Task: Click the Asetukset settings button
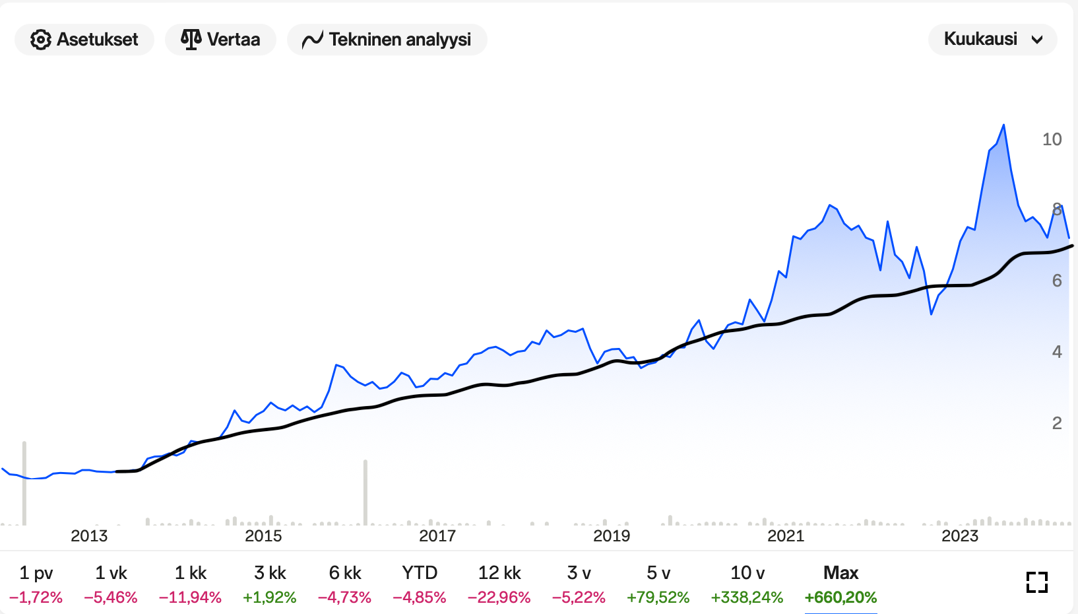(84, 40)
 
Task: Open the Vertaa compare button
(220, 40)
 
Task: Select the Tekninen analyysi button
(387, 40)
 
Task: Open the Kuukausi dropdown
(992, 40)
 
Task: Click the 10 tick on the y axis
(1052, 139)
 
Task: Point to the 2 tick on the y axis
(1057, 423)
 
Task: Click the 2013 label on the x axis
(89, 535)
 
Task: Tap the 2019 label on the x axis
(612, 535)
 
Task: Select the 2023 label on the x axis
(960, 535)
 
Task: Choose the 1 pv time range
(36, 573)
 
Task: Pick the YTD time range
(420, 573)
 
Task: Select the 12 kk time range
(499, 573)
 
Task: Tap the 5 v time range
(658, 573)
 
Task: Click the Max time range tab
(840, 573)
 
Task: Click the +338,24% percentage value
(747, 597)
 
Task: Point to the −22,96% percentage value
(499, 597)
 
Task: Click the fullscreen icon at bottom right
(1037, 582)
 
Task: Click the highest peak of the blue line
(1003, 125)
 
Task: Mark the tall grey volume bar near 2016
(365, 492)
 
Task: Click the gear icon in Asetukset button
(40, 40)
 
